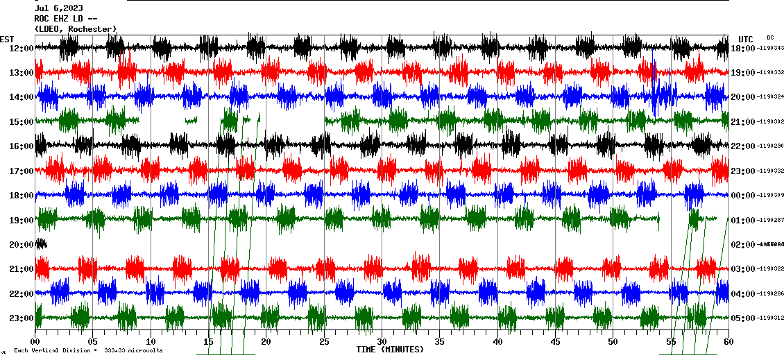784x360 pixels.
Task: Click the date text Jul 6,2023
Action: coord(59,8)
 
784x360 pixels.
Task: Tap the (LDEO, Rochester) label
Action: coord(76,28)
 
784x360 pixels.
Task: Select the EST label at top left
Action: coord(7,39)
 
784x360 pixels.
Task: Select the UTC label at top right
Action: coord(746,39)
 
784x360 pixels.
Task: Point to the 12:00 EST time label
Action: coord(22,48)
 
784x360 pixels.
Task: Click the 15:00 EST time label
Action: coord(22,121)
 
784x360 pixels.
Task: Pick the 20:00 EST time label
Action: coord(22,244)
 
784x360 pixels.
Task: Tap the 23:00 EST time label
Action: coord(22,318)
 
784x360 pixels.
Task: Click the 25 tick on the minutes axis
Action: coord(324,341)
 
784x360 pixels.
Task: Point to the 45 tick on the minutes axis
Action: coord(555,341)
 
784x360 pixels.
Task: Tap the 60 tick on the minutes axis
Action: coord(728,341)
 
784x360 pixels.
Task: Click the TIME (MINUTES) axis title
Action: coord(390,350)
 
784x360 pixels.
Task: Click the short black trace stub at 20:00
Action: coord(41,243)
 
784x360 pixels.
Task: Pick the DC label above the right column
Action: coord(770,37)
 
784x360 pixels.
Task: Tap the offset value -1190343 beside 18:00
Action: coord(770,48)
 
